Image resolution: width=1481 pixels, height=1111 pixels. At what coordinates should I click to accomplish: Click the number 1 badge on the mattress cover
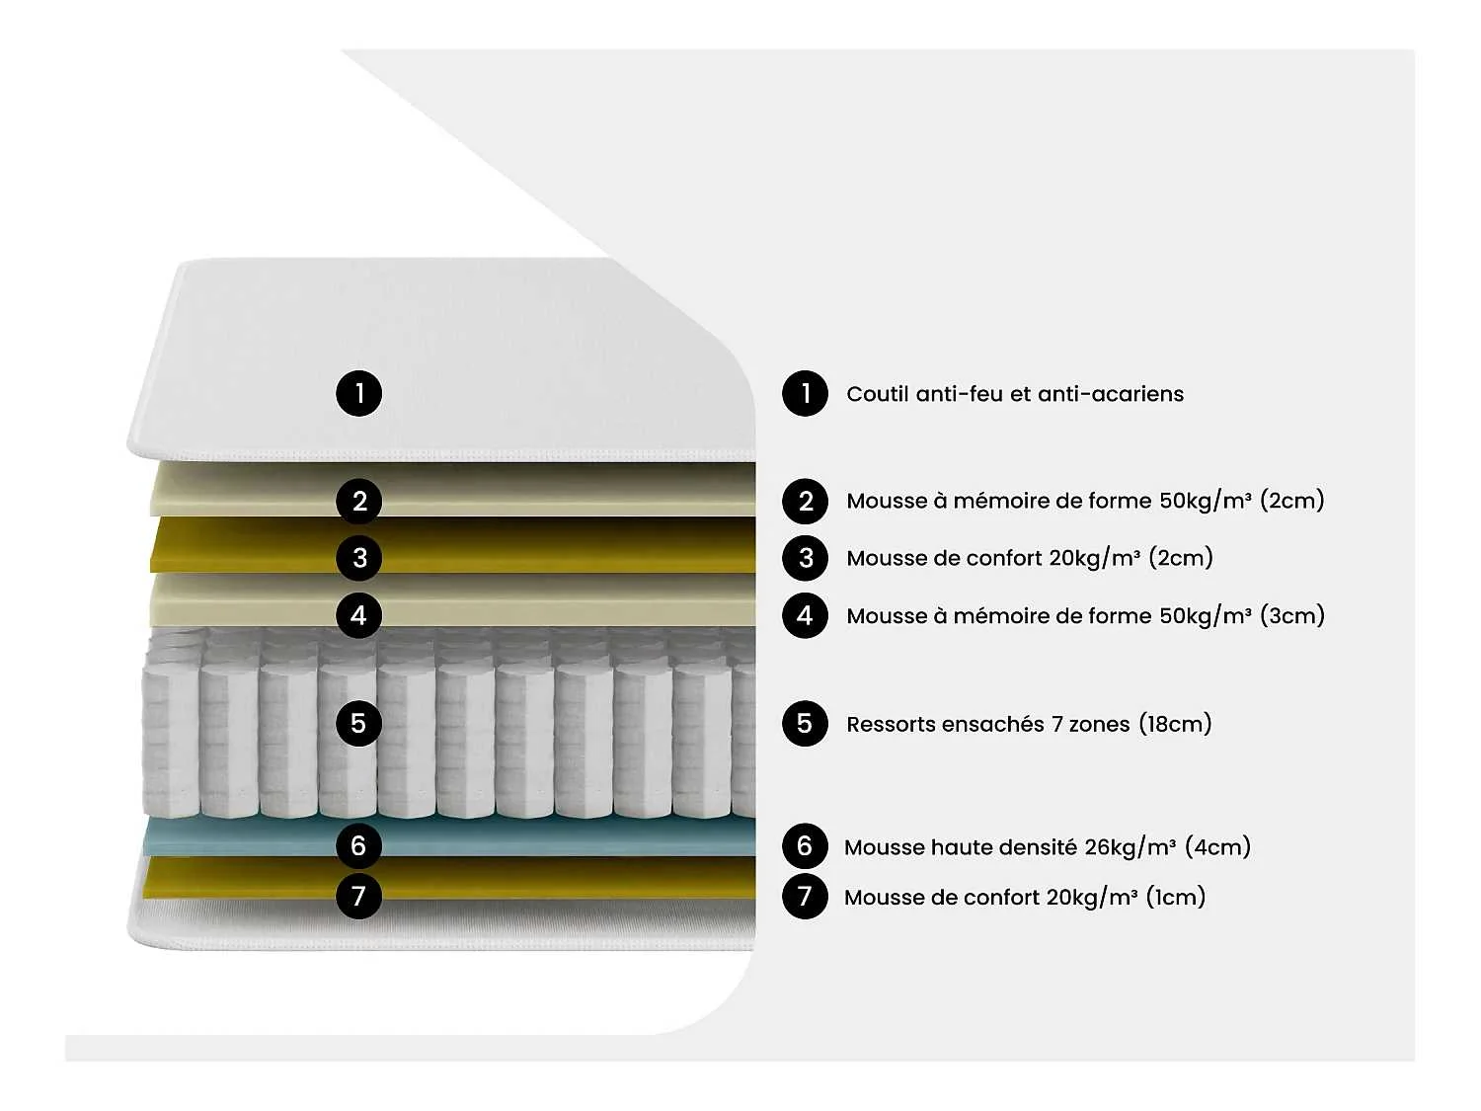(358, 393)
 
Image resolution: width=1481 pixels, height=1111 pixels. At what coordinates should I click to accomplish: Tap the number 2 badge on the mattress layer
(358, 501)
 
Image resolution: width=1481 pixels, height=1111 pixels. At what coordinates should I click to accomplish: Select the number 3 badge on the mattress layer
(358, 558)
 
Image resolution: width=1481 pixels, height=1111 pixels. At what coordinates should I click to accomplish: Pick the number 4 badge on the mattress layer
(358, 615)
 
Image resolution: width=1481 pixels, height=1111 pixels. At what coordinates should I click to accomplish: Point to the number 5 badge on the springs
(358, 723)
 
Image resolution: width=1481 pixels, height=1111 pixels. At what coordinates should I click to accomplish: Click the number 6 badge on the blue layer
(358, 845)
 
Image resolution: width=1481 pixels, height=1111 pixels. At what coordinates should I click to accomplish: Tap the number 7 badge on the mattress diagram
(358, 897)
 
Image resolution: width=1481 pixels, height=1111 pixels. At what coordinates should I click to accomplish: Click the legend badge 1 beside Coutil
(805, 393)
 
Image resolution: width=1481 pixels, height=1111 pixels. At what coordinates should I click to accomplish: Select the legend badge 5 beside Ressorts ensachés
(805, 723)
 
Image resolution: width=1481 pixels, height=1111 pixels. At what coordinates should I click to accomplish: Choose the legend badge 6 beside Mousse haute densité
(805, 845)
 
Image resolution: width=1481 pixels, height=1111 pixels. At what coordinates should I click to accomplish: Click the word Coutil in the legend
(877, 394)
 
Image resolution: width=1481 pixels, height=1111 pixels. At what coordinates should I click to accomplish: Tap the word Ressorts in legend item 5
(892, 724)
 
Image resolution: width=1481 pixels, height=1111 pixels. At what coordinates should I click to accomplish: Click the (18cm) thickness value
(1175, 724)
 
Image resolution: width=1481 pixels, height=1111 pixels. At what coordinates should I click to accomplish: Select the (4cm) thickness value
(1217, 846)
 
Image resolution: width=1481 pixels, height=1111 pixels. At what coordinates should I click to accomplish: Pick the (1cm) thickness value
(1175, 897)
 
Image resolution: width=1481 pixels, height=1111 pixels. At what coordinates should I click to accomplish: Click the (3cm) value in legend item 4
(1291, 615)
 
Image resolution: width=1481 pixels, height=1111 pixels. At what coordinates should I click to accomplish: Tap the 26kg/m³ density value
(1130, 846)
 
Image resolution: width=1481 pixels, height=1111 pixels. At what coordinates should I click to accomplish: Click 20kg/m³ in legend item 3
(1094, 558)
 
